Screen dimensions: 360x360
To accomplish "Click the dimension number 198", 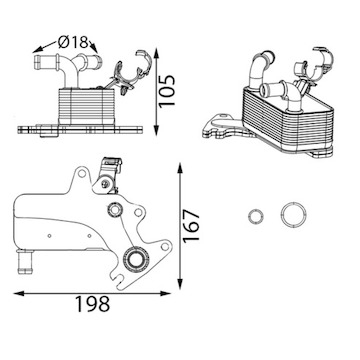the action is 92,304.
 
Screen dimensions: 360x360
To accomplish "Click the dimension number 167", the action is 191,225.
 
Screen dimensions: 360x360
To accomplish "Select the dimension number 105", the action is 166,91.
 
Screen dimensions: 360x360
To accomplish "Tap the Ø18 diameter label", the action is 72,42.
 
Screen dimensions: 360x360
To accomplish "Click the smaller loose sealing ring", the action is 256,217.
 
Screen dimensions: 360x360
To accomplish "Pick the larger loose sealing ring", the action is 293,214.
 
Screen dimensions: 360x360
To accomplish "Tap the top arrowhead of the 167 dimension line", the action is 180,168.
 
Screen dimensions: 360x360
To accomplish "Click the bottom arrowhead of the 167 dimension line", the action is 180,284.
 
